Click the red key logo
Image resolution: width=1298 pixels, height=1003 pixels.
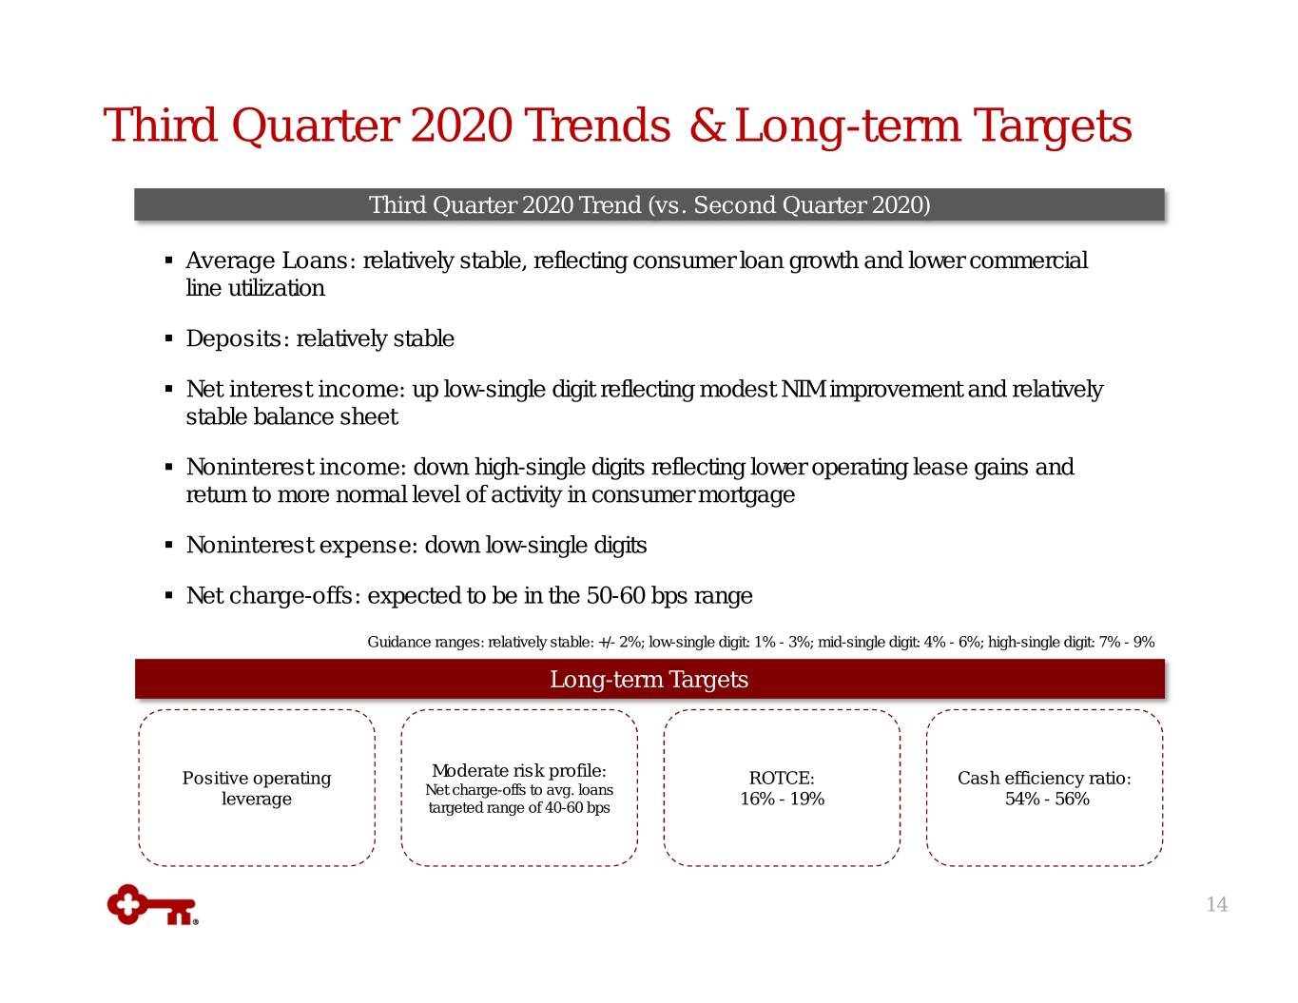click(x=152, y=905)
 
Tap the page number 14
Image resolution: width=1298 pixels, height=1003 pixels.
click(x=1217, y=904)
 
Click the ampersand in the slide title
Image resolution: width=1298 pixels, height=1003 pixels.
click(x=707, y=125)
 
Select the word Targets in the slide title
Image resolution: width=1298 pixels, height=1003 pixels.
click(x=1052, y=126)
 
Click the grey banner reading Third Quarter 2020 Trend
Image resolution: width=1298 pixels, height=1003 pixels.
click(x=649, y=204)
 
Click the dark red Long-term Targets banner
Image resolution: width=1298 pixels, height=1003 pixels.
click(x=649, y=679)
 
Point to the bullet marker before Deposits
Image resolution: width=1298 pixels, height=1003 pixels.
click(x=169, y=339)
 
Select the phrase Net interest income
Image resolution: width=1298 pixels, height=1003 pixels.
click(x=292, y=389)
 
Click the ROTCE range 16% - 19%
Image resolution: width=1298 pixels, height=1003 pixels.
click(x=782, y=799)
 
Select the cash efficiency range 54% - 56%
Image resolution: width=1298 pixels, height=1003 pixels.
click(x=1047, y=799)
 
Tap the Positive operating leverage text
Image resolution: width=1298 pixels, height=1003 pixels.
click(x=256, y=788)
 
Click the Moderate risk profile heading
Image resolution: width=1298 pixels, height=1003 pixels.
click(x=519, y=771)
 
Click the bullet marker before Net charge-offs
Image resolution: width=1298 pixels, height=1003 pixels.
click(x=169, y=596)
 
